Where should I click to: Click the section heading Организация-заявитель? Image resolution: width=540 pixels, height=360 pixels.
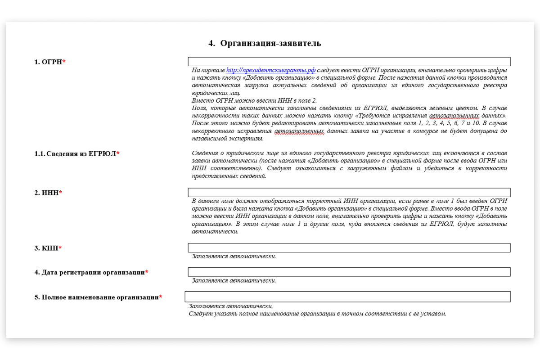(270, 43)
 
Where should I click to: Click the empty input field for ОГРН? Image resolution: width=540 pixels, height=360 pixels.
(349, 62)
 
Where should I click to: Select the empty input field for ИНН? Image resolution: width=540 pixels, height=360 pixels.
(349, 193)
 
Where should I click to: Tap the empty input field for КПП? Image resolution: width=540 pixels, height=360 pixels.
(349, 248)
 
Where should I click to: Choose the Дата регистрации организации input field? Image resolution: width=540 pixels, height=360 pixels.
(349, 272)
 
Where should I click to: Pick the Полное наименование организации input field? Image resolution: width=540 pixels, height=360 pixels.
(347, 297)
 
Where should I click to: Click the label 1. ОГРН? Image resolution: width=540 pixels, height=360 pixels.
(48, 62)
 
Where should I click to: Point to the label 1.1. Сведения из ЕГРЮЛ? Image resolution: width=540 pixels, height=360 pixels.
(75, 154)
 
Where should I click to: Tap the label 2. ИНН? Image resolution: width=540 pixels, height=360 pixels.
(47, 193)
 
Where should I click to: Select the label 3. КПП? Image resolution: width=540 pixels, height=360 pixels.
(47, 248)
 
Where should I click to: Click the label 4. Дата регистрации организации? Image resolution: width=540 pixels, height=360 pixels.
(90, 272)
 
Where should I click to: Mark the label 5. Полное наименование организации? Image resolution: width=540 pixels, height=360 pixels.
(96, 297)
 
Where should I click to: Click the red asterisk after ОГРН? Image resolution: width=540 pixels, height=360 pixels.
(64, 62)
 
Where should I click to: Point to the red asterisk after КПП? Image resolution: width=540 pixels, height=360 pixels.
(60, 248)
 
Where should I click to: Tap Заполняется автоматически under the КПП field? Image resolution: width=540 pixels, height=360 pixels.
(234, 256)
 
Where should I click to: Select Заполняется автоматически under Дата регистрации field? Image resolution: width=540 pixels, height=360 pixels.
(234, 280)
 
